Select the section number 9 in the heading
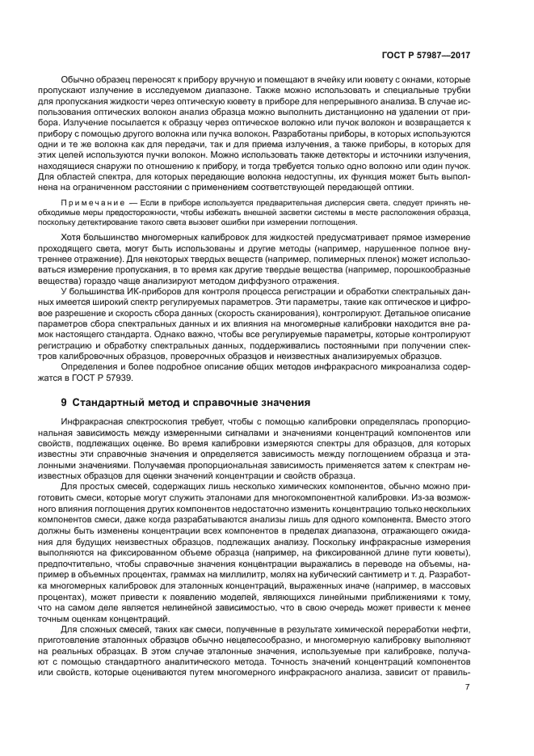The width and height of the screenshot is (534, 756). click(65, 402)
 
